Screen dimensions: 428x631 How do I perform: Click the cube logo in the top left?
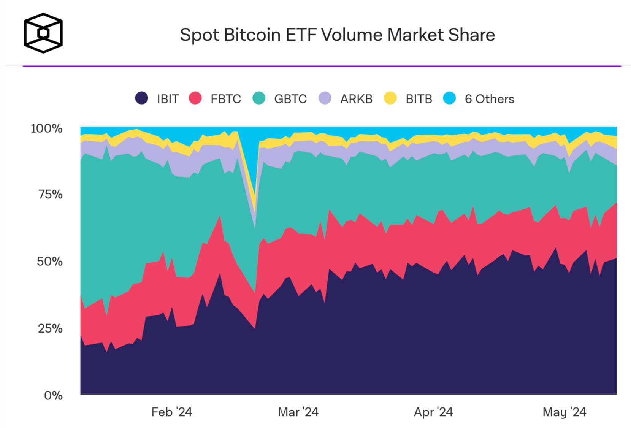tap(43, 33)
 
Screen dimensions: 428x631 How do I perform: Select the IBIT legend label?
tap(168, 99)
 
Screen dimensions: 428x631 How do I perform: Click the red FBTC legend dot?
tap(195, 98)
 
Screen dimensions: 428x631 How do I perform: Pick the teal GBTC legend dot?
tap(259, 98)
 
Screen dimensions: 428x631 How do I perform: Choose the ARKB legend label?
tap(356, 99)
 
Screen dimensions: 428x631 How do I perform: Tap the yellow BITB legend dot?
tap(390, 98)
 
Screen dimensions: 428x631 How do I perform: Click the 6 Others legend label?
tap(489, 99)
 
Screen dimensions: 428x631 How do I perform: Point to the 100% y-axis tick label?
tap(46, 128)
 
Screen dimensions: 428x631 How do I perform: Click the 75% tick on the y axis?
tap(50, 195)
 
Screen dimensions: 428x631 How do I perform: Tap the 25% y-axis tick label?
tap(50, 328)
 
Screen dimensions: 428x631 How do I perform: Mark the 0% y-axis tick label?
tap(53, 395)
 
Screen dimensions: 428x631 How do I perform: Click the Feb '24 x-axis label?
tap(172, 412)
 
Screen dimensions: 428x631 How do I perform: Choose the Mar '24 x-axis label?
tap(298, 412)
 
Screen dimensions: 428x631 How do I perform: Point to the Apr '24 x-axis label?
tap(433, 412)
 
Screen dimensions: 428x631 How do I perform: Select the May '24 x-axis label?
tap(564, 412)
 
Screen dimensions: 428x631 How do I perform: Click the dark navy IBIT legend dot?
tap(141, 98)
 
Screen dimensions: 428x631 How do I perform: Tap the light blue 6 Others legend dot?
tap(449, 98)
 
